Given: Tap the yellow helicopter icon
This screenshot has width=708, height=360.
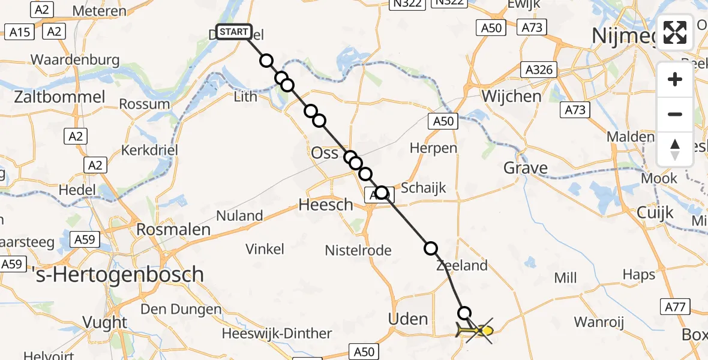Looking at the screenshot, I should point(474,330).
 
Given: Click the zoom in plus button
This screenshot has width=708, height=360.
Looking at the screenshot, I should point(675,79).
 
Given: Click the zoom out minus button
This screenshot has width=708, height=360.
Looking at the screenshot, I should point(675,114).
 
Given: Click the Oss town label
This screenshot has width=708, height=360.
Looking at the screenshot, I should point(325,153).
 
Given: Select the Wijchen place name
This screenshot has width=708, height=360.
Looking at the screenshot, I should point(511,96).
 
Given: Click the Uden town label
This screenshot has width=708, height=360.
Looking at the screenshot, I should point(408,319).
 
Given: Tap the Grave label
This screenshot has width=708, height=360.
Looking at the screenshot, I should point(526,168).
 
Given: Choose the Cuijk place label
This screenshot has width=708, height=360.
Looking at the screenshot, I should point(655,212).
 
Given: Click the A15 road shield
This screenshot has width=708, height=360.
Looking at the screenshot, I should point(20,31).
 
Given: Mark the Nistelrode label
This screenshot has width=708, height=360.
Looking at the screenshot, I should point(358,250).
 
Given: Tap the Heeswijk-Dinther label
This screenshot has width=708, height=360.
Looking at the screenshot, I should point(277,334).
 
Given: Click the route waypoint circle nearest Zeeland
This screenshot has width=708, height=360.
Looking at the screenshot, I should point(431,248).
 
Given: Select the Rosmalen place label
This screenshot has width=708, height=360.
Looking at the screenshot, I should point(173,229).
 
